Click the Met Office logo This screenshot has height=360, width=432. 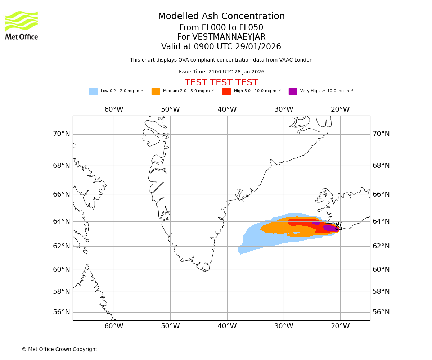tap(22, 26)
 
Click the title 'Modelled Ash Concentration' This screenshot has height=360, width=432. tap(221, 16)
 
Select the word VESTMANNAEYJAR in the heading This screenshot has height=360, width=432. tap(229, 37)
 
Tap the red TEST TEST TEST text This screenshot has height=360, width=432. tap(221, 82)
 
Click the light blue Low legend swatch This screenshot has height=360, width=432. tap(93, 91)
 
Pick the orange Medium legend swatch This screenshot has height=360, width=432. tap(156, 91)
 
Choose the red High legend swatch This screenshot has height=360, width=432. tap(226, 91)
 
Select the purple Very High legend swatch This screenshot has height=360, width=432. tap(293, 91)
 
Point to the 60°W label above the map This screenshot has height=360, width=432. tap(114, 109)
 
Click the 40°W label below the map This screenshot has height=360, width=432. tap(227, 326)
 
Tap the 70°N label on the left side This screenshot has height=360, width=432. tap(62, 134)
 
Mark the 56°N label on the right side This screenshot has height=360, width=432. tap(381, 312)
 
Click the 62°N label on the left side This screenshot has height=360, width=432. tap(62, 246)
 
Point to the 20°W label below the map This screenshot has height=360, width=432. tap(340, 326)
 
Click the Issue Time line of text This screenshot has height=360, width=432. tap(221, 72)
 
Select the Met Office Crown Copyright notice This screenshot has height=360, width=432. tap(59, 350)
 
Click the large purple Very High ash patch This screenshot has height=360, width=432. tap(330, 228)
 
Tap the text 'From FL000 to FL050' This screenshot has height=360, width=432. tap(221, 28)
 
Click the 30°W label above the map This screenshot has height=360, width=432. tap(284, 109)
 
